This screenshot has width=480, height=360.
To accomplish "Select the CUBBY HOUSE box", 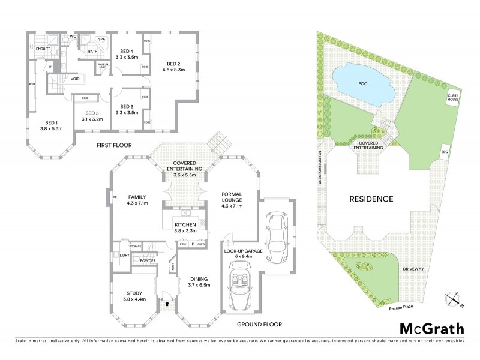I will (x=452, y=98).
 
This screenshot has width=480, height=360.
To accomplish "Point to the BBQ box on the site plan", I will (x=445, y=152).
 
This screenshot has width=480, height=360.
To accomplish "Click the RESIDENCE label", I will (x=372, y=199).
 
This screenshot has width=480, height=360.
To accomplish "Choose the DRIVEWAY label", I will (x=414, y=269).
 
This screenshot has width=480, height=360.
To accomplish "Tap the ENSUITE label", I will (x=43, y=47).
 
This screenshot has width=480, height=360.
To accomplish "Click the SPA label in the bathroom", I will (x=101, y=40).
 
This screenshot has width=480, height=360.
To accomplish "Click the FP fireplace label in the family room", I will (x=113, y=197).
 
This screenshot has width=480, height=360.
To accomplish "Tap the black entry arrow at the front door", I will (x=167, y=304).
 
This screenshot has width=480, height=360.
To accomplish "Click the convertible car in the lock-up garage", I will (x=240, y=290).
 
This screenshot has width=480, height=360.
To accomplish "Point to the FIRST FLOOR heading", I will (x=114, y=145).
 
